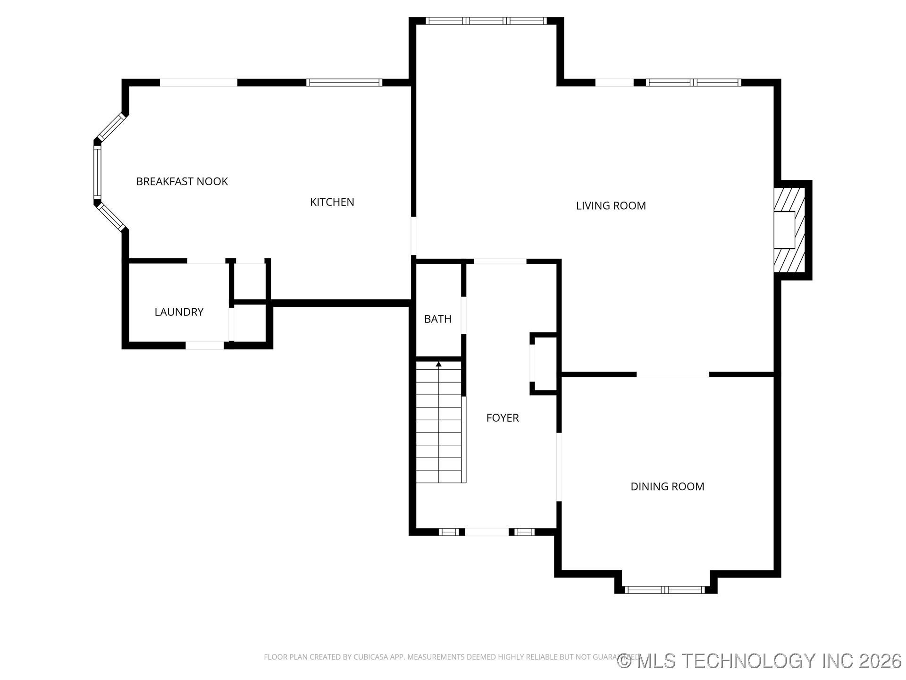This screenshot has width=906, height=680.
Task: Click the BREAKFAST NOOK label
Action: click(182, 181)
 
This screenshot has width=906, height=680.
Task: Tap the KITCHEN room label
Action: click(332, 202)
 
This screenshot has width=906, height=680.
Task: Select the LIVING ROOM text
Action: click(611, 206)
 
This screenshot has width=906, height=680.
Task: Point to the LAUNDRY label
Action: click(179, 312)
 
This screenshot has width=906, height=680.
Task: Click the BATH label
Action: click(437, 319)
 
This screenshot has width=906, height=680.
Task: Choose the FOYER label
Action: click(502, 418)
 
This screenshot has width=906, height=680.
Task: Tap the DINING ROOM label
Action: click(667, 486)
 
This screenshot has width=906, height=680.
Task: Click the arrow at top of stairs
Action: click(438, 364)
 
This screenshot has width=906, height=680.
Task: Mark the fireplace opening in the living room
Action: click(784, 230)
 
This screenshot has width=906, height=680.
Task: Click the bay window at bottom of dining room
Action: click(664, 590)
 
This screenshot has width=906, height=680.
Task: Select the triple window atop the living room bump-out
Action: click(486, 21)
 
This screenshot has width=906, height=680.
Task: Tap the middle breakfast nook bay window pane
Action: click(97, 172)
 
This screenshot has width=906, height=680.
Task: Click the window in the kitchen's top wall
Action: click(344, 83)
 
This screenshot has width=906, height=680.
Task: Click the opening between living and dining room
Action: click(672, 374)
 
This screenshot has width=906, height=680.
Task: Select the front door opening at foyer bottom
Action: click(487, 532)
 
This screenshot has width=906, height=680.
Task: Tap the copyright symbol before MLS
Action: click(624, 661)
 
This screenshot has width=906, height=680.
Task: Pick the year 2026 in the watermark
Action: click(880, 661)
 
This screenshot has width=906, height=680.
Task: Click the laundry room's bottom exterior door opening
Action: click(204, 346)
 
